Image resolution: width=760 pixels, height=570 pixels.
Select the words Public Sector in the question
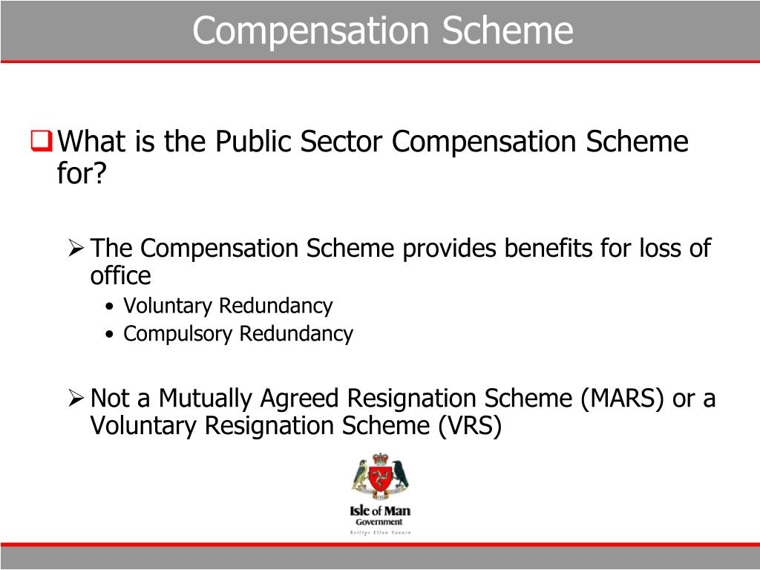pyautogui.click(x=301, y=141)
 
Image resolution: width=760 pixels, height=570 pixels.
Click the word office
pyautogui.click(x=120, y=276)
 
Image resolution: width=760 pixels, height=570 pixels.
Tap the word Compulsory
pyautogui.click(x=178, y=334)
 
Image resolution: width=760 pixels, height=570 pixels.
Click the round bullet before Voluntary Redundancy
pyautogui.click(x=110, y=307)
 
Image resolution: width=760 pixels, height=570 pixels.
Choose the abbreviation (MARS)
pyautogui.click(x=623, y=399)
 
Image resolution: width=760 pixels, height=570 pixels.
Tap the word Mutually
pyautogui.click(x=205, y=399)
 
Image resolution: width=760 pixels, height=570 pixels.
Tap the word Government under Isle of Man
pyautogui.click(x=379, y=522)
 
